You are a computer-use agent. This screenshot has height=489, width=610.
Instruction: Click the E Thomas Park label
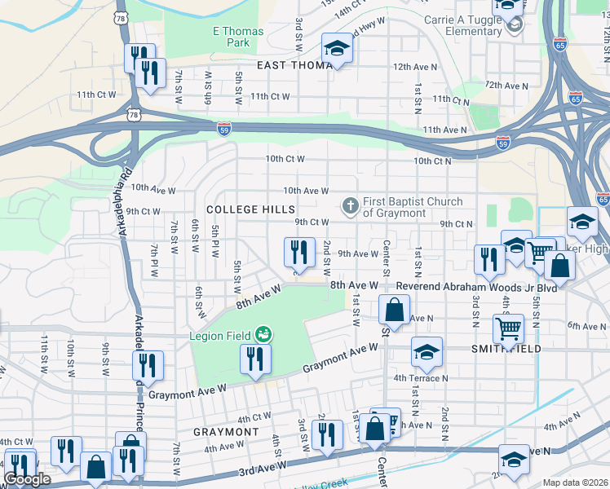coord(232,36)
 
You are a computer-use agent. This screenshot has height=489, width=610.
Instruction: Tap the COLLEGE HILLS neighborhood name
coord(251,209)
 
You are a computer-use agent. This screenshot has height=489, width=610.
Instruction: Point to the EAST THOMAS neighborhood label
coord(290,65)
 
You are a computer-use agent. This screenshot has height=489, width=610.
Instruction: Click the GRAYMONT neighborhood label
coord(226,431)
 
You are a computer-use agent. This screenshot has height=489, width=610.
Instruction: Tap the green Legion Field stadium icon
coord(263,334)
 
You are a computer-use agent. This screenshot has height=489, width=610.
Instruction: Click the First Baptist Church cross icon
coord(351,206)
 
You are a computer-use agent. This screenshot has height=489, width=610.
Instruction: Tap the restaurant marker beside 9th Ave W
coord(299,252)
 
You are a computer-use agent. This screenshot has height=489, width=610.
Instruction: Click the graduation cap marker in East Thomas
coord(336,49)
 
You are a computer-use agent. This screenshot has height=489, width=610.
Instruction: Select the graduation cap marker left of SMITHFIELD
coord(427,352)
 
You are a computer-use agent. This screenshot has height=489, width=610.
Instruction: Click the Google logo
coord(27,479)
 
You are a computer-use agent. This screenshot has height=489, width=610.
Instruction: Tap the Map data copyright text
coord(574,482)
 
